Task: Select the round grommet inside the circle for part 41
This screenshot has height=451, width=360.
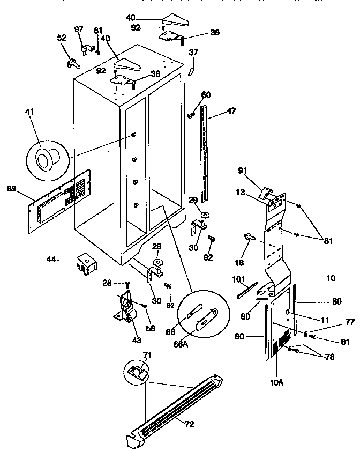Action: coord(43,159)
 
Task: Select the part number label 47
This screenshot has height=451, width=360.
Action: coord(231,111)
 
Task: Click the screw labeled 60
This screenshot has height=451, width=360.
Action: coord(190,114)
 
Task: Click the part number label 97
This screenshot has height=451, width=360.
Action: coord(79,28)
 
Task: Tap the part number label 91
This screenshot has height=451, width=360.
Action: coord(242,171)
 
